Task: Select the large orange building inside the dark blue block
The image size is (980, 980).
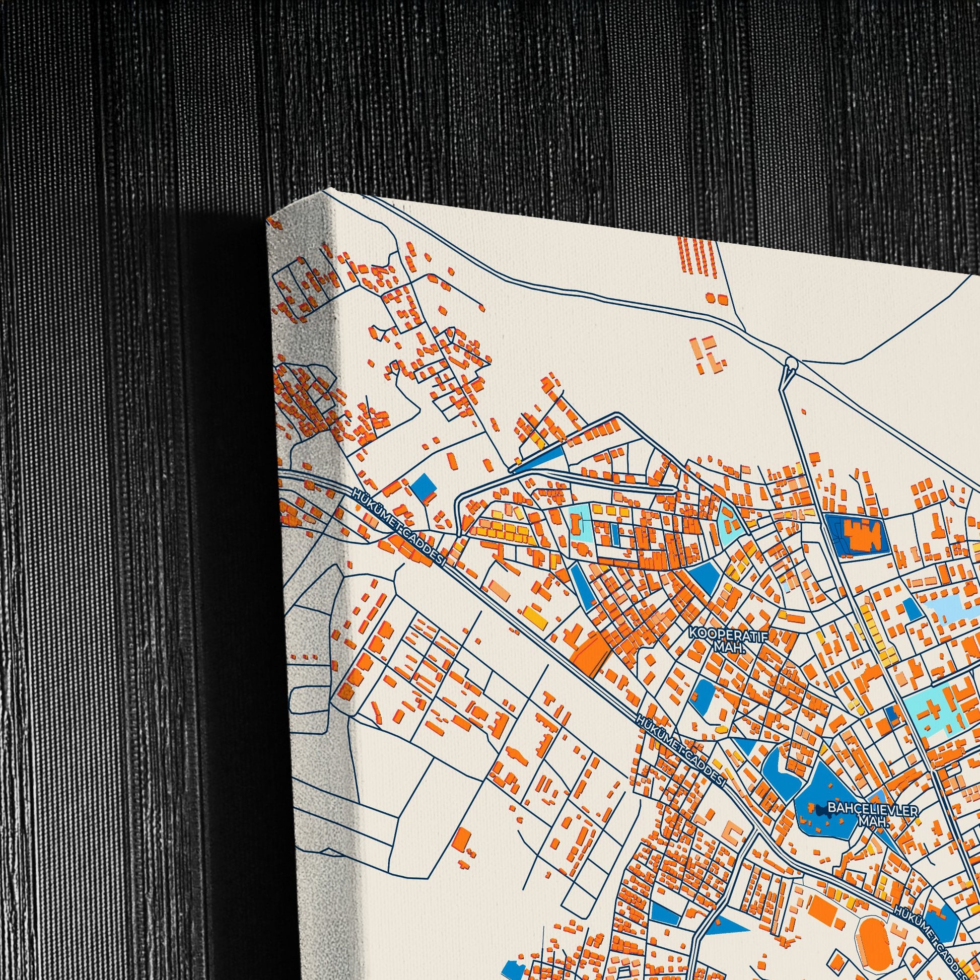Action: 861,534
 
